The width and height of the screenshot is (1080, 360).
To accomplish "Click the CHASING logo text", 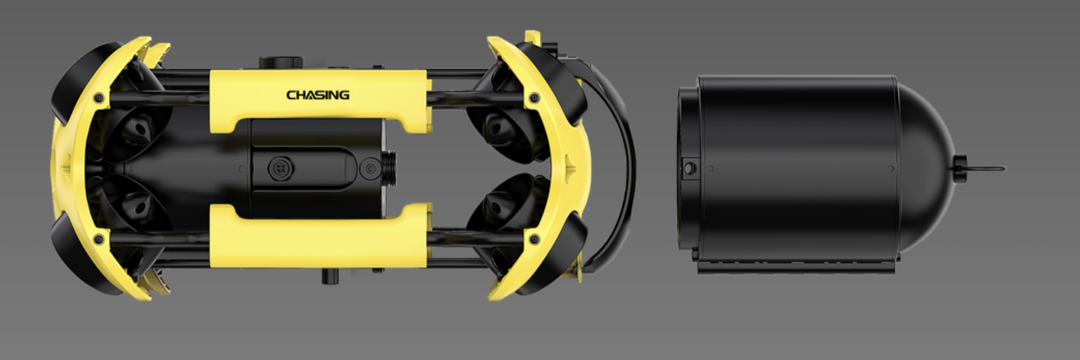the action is click(318, 94).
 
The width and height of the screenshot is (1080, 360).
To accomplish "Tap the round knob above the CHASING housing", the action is click(281, 63).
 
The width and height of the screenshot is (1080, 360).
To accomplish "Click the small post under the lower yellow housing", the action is click(331, 276).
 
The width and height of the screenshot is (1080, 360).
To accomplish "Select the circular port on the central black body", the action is click(279, 167).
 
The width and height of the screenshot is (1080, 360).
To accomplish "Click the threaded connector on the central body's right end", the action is click(389, 168).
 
